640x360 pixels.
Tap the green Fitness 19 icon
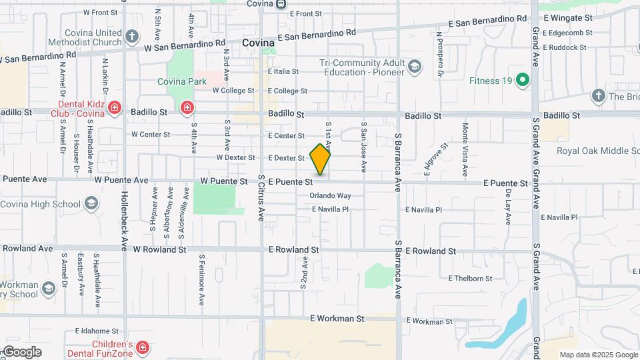(x=523, y=81)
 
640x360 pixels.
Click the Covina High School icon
(x=91, y=203)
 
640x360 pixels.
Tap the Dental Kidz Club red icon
(x=115, y=107)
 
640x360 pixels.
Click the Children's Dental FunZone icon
(x=143, y=347)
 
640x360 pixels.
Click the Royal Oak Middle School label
(x=597, y=151)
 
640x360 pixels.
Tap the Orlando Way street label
(x=330, y=196)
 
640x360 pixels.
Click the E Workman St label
(x=337, y=319)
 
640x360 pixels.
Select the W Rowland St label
(x=159, y=249)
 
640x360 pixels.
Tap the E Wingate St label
(x=568, y=17)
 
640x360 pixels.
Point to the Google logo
(x=22, y=352)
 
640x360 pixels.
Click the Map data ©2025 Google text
(x=599, y=355)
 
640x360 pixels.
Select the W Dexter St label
(x=235, y=158)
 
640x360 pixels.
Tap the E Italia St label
(x=283, y=71)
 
